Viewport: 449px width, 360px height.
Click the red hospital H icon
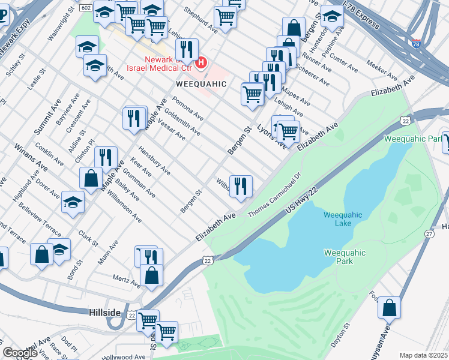[x=202, y=62]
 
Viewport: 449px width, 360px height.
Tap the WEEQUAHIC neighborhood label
[x=201, y=84]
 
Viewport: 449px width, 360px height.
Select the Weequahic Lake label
[x=343, y=219]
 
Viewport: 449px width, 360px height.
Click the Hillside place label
[x=106, y=314]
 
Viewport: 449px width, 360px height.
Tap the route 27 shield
[x=429, y=233]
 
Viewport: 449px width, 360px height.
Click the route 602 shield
[x=85, y=7]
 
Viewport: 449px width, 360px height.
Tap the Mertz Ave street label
[x=127, y=280]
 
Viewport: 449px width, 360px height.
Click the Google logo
[x=20, y=353]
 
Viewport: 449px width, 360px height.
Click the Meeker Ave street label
[x=382, y=71]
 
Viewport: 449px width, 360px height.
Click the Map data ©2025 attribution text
[x=423, y=355]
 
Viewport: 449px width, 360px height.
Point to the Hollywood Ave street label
[x=129, y=356]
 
